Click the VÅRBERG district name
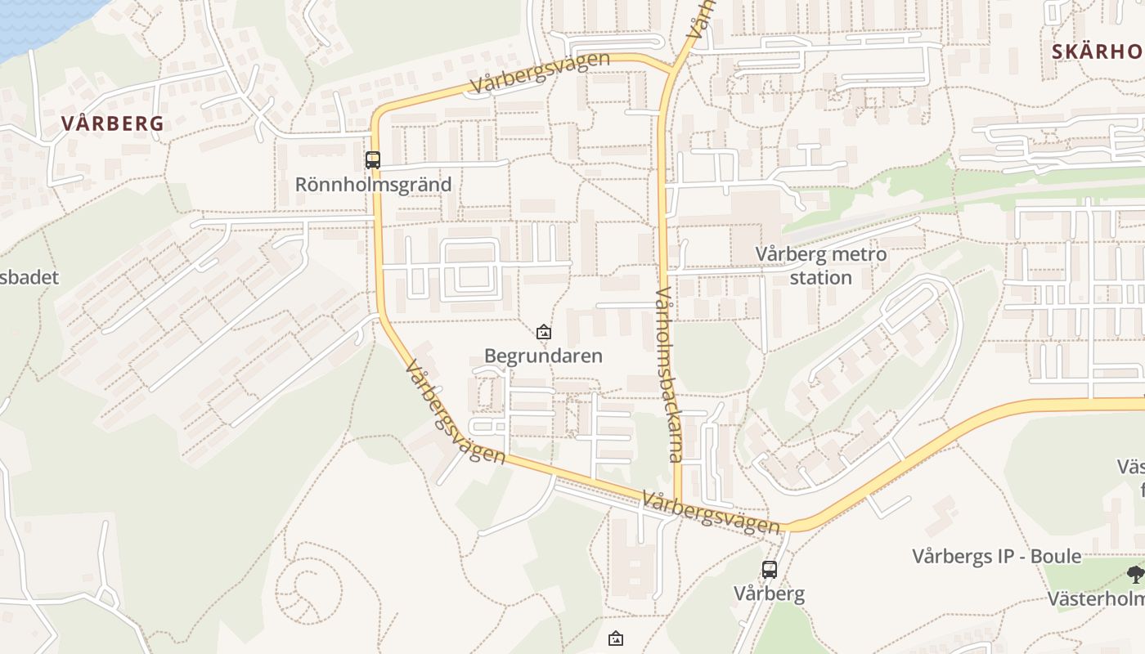tap(113, 123)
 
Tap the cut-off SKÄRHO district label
tap(1097, 52)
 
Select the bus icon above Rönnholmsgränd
tap(373, 160)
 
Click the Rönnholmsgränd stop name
tap(373, 184)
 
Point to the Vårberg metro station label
tap(820, 266)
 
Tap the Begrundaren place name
tap(543, 356)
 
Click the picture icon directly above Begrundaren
tap(543, 332)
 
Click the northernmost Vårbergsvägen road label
tap(540, 72)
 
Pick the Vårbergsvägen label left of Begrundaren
tap(455, 412)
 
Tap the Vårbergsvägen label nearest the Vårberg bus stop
tap(710, 513)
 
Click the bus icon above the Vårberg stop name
tap(770, 570)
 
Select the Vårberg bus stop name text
tap(769, 594)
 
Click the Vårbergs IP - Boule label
tap(996, 557)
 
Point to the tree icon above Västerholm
tap(1135, 574)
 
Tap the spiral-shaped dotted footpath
tap(308, 589)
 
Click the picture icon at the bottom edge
tap(616, 638)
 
